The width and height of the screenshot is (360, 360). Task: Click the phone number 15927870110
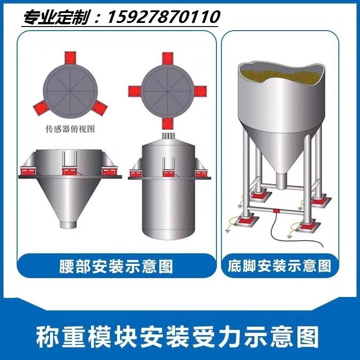[163, 18]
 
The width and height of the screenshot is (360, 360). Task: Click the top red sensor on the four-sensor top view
[166, 58]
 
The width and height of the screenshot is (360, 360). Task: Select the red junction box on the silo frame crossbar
[276, 210]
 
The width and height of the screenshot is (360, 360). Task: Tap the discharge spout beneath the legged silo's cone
[281, 181]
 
